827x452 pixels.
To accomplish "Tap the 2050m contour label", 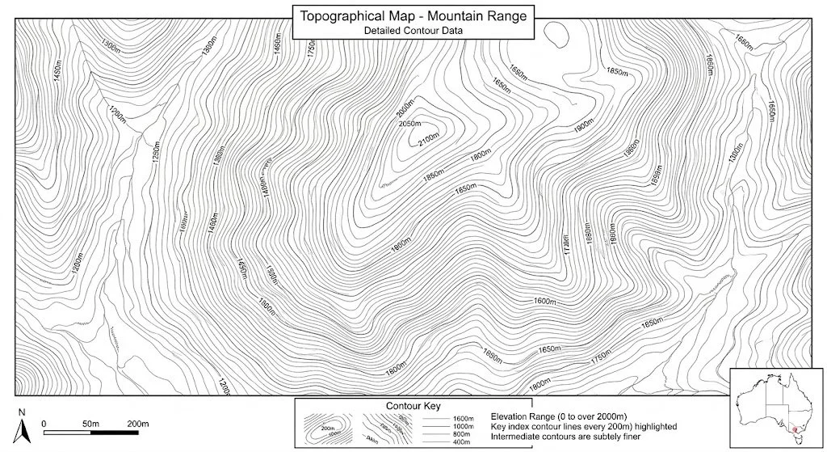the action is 410,124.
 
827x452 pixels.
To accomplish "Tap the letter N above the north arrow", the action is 23,413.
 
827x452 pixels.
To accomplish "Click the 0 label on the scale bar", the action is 44,423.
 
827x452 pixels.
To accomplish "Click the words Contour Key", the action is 413,405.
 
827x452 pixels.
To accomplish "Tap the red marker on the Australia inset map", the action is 796,431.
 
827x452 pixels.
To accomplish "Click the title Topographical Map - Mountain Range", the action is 413,15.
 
